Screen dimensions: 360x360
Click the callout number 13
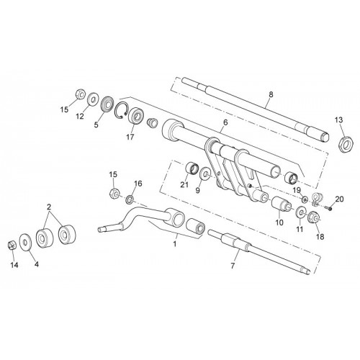coord(339,120)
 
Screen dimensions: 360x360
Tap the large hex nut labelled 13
coord(345,144)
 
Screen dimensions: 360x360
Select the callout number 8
coord(271,94)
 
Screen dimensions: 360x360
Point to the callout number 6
coord(225,122)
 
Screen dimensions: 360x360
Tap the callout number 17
coord(130,138)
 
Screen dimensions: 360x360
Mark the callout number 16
coord(138,184)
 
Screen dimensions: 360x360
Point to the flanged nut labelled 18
coord(314,217)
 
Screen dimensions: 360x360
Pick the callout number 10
coord(279,222)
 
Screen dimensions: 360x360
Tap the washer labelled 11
coord(301,212)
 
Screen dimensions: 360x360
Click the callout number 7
coord(233,266)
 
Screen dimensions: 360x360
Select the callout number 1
coord(175,244)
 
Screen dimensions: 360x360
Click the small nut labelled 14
coord(12,245)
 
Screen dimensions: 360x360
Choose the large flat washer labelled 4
coord(24,243)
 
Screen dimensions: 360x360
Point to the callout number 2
coord(49,207)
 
